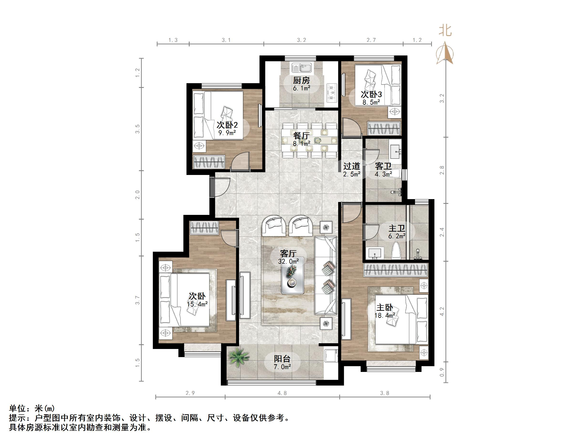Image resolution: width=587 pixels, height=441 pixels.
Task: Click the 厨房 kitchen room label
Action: click(x=301, y=80)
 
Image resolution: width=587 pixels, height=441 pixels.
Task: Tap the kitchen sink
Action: click(x=301, y=68)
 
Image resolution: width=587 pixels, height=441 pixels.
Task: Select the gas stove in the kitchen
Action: click(x=331, y=93)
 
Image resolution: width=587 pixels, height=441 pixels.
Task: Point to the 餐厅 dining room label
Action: click(x=301, y=136)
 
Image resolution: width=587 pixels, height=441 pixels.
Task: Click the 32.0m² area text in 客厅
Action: click(x=288, y=261)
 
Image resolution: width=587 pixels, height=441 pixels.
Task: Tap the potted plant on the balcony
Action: click(x=238, y=358)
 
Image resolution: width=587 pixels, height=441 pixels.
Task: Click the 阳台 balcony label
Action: click(x=282, y=359)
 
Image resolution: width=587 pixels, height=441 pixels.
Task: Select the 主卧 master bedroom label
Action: click(x=384, y=308)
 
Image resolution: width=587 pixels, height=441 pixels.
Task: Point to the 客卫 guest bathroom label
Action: click(x=383, y=166)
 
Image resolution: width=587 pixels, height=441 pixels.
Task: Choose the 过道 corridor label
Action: click(x=352, y=166)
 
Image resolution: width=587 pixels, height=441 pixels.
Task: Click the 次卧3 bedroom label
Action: click(x=371, y=94)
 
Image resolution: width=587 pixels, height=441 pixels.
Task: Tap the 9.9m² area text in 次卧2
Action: click(x=227, y=133)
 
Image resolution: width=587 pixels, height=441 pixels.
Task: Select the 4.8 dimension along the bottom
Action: click(x=282, y=393)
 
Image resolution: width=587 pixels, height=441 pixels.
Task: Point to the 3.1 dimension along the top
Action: click(x=226, y=40)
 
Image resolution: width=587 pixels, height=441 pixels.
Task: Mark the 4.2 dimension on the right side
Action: click(x=442, y=311)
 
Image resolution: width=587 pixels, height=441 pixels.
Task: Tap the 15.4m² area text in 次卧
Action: click(x=197, y=304)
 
